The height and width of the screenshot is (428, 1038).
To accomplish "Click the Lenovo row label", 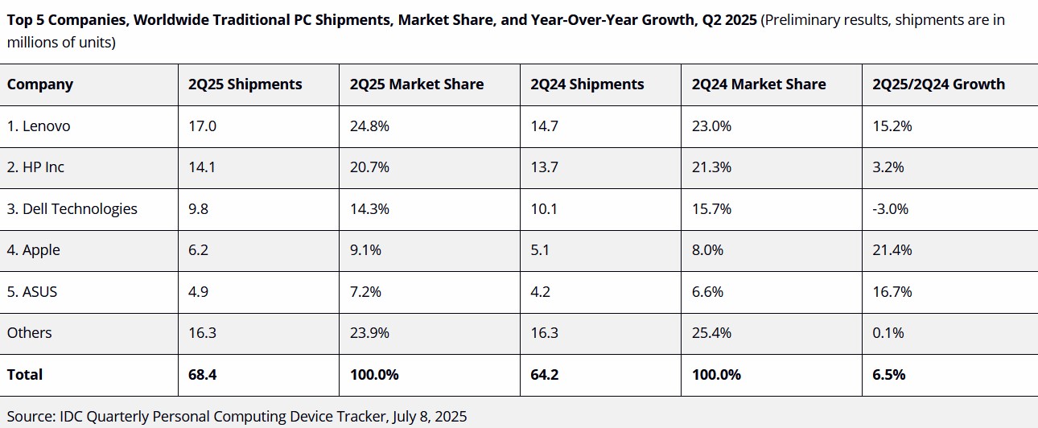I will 39,126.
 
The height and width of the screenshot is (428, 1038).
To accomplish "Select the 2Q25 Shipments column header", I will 245,84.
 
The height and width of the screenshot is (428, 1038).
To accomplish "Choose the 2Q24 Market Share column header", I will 758,84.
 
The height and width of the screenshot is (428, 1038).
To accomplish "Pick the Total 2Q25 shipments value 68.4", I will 202,375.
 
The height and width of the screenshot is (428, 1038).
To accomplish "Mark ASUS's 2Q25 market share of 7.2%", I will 369,292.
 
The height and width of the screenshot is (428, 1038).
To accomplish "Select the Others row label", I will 30,333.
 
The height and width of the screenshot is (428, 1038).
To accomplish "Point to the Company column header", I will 40,84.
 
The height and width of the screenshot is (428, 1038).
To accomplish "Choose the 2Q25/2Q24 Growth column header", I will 933,84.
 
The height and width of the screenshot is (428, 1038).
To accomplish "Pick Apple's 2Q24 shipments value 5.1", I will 540,250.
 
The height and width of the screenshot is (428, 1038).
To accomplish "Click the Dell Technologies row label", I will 72,209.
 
